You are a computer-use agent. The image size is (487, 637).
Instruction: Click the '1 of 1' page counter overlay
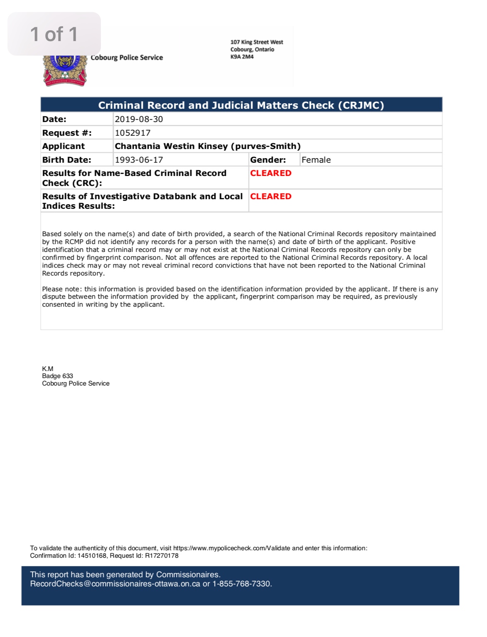(54, 34)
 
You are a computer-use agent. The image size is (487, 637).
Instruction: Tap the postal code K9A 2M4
(242, 57)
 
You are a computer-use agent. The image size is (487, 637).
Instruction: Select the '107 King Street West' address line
(257, 42)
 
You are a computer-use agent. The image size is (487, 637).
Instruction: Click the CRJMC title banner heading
(241, 105)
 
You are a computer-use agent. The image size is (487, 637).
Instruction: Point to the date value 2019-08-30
(139, 119)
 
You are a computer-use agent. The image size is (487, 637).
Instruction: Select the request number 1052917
(132, 133)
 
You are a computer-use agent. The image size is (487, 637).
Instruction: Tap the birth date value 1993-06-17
(139, 160)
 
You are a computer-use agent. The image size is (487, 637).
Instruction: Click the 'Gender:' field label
(268, 160)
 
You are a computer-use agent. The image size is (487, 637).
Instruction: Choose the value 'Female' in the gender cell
(316, 160)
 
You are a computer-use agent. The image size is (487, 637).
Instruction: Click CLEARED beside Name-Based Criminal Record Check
(271, 173)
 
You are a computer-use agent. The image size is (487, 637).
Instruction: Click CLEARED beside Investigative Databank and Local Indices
(271, 196)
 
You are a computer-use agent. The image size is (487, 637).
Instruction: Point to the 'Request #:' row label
(67, 133)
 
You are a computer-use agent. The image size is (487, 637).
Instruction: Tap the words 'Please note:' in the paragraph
(62, 289)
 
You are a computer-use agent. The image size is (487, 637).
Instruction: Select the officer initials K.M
(47, 369)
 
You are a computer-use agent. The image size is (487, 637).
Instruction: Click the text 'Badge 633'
(57, 376)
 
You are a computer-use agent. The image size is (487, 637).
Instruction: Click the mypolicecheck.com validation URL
(231, 548)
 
